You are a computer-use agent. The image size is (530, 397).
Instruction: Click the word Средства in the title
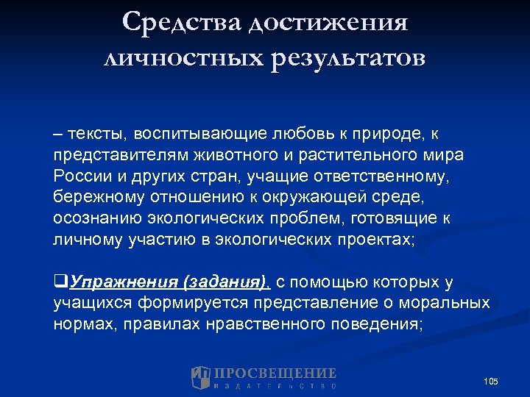coord(180,21)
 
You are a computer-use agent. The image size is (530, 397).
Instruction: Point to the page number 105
coord(491,381)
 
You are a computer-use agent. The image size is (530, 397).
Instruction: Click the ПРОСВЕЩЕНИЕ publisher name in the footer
coord(275,373)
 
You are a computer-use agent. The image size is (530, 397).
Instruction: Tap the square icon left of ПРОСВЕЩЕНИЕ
coord(201,377)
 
